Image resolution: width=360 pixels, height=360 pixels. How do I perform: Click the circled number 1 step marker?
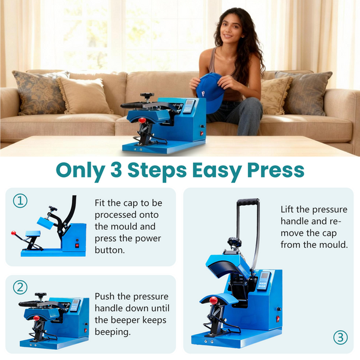click(x=21, y=202)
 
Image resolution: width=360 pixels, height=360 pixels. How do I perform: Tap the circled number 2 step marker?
click(x=21, y=287)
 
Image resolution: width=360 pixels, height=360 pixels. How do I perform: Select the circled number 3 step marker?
click(x=340, y=337)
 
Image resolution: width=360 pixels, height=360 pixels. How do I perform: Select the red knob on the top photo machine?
click(x=142, y=121)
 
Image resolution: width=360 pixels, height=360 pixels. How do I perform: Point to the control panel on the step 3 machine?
click(x=264, y=280)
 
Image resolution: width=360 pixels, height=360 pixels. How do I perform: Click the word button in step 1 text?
click(x=108, y=250)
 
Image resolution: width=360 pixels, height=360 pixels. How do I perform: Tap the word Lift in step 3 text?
click(x=289, y=209)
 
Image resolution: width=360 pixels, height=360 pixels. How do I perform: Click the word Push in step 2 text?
click(x=105, y=296)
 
